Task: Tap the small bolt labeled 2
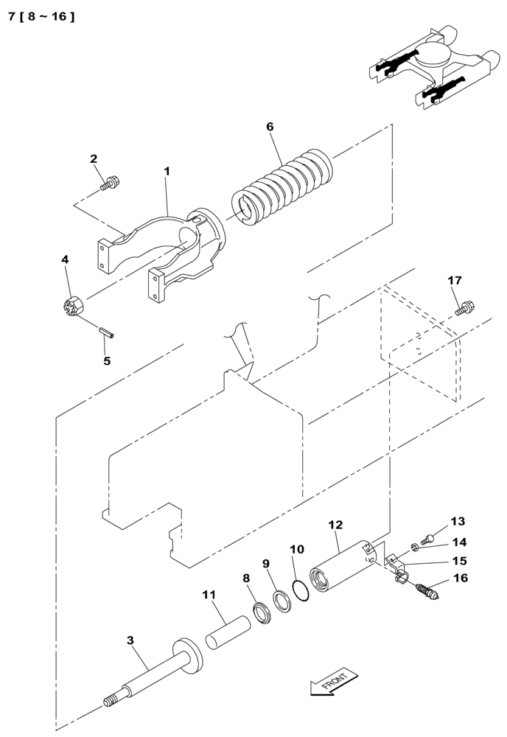coord(111,181)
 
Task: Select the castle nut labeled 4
coord(74,304)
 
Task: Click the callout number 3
coord(130,640)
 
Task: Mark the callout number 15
coord(460,561)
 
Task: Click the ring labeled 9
coord(280,598)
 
